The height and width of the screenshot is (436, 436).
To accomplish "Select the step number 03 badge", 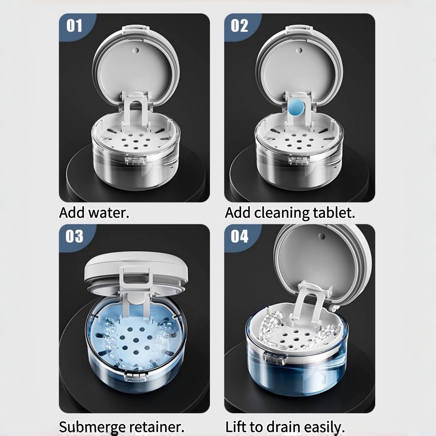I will tap(74, 236).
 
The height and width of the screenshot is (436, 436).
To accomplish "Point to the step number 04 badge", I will tap(239, 236).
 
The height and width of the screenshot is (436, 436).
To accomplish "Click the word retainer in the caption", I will tap(157, 427).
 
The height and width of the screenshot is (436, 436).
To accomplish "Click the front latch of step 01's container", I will tap(135, 159).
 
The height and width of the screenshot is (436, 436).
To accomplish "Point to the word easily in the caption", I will tap(325, 427).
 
